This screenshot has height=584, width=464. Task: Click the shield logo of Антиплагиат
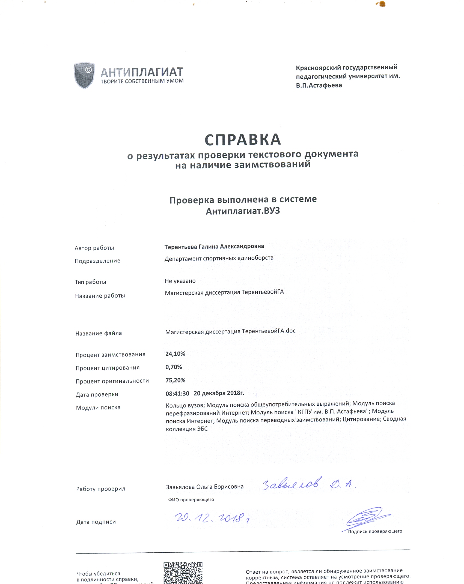point(84,75)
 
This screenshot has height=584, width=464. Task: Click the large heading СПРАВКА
point(242,140)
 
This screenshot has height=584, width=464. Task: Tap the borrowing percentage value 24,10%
point(175,354)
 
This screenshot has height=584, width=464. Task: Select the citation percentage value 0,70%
point(174,367)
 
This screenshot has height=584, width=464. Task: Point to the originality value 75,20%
point(175,380)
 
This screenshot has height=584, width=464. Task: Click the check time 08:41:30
point(177,393)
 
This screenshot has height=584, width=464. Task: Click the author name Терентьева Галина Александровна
point(214,247)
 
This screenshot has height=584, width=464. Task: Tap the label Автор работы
point(94,248)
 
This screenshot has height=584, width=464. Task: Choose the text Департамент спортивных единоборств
point(219,258)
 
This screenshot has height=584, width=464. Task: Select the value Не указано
point(180,281)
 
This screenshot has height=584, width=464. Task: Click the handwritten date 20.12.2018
point(212,518)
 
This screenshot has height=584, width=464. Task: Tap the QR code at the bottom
point(183,573)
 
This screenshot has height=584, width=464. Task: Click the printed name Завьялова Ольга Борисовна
point(205,487)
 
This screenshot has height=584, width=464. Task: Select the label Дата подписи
point(96,522)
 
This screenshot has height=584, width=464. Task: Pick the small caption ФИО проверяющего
point(191,499)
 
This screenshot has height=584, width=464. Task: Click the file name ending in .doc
point(230,331)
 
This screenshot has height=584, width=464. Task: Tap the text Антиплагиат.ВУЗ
point(243,211)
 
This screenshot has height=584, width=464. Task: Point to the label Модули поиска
point(98,408)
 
